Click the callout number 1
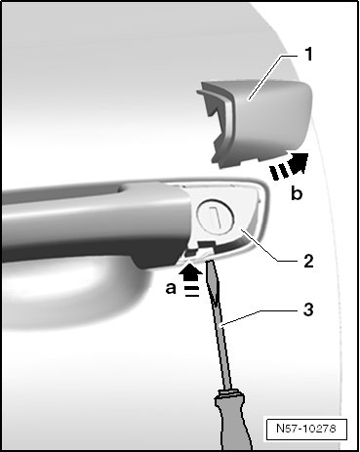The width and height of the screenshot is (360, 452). click(x=308, y=55)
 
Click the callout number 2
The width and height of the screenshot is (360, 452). click(x=308, y=261)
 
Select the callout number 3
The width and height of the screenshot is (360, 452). click(x=308, y=309)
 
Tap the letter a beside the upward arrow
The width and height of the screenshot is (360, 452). click(x=171, y=288)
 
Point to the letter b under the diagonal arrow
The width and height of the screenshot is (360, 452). click(x=297, y=193)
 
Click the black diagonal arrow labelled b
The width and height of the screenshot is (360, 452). click(x=289, y=166)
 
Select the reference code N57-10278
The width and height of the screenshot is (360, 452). click(x=306, y=429)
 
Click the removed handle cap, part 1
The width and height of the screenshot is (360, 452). click(x=257, y=124)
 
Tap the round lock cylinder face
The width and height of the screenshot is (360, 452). click(x=216, y=218)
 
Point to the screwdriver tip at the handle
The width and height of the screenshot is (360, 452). click(x=209, y=261)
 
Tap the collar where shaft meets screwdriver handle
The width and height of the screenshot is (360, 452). click(x=228, y=394)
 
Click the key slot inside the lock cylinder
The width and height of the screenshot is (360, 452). click(x=216, y=217)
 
